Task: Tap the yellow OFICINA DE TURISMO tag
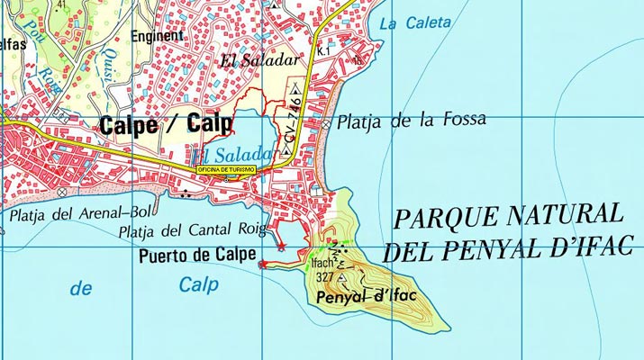[227, 169]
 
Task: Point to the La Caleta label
[414, 24]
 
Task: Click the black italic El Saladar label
[259, 61]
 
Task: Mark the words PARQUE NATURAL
[509, 216]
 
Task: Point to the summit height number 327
[323, 277]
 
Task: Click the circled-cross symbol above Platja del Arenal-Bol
[61, 193]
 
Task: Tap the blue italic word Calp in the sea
[199, 285]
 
